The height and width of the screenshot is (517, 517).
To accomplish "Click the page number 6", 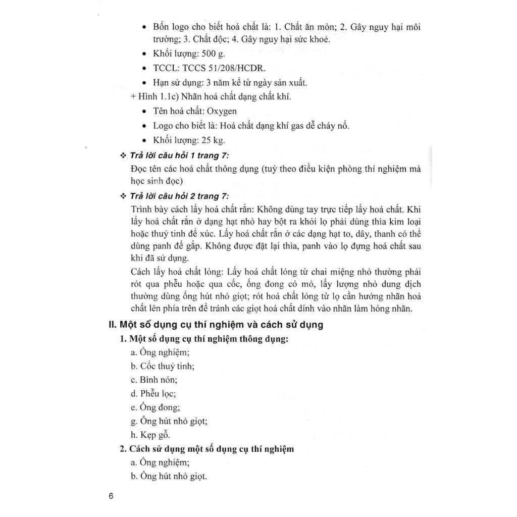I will (111, 495).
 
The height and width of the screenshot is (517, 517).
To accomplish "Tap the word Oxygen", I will (220, 111).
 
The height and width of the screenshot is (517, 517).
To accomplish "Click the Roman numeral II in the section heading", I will (113, 325).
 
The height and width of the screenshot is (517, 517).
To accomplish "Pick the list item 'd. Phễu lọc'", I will (153, 393).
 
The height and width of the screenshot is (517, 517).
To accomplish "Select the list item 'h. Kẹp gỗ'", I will (150, 434).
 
